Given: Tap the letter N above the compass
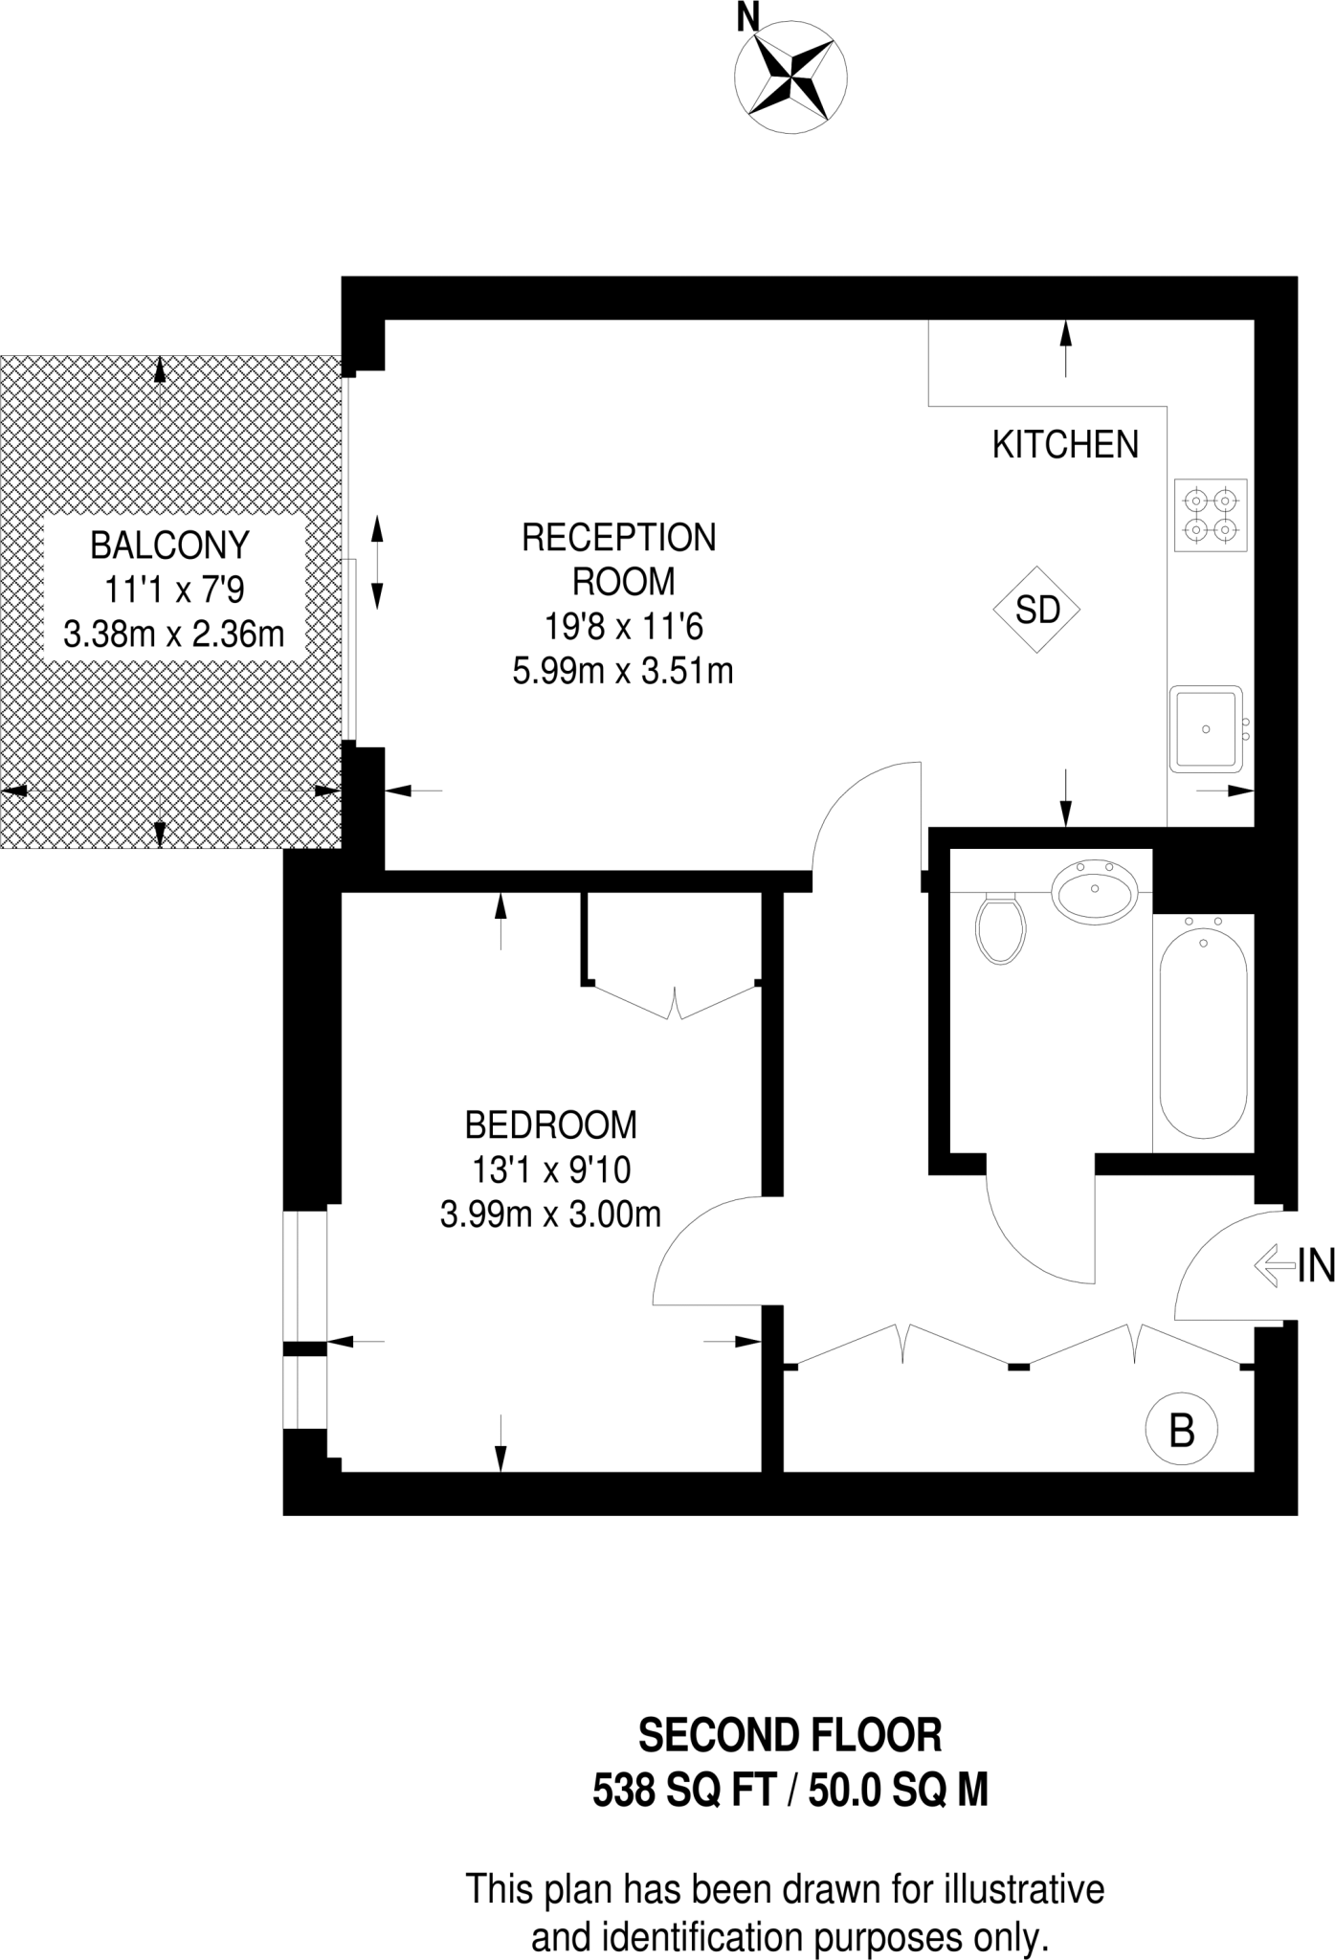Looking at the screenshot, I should tap(748, 17).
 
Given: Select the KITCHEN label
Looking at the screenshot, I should tap(1065, 445).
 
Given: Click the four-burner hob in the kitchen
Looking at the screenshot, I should tap(1211, 515).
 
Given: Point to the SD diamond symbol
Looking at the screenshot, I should tap(1037, 610).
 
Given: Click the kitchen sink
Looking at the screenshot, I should tap(1205, 729).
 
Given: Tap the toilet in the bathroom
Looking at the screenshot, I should tap(1001, 927).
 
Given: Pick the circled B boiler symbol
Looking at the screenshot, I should tap(1182, 1431).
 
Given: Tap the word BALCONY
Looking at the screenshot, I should tap(169, 546).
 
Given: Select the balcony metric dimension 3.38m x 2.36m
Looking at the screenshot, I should tap(174, 634).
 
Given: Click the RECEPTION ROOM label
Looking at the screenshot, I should tap(620, 559).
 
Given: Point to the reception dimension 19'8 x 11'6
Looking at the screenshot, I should tap(623, 627).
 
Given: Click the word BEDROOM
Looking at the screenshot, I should tap(550, 1125).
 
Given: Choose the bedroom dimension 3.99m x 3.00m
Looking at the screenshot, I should tap(550, 1214).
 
